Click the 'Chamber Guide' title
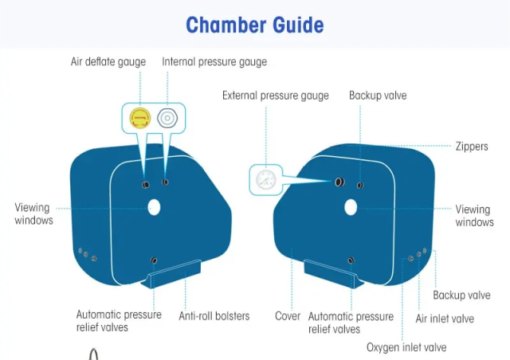coord(255,24)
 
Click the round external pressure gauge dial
coord(265,179)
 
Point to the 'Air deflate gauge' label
coord(108,61)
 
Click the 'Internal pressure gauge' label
coord(214,61)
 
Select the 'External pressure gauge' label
coord(275,96)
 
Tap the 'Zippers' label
coord(472,147)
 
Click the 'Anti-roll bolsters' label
coord(214,316)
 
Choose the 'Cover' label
coord(288,316)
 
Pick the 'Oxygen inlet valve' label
coord(406,347)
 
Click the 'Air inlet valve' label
coord(445,319)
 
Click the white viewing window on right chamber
coord(351,208)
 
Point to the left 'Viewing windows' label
coord(33,213)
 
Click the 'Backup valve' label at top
coord(377,96)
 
